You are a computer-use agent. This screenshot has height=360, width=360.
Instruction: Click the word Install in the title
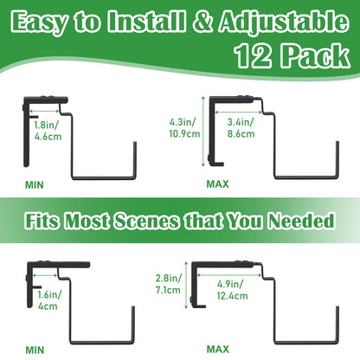point(146,22)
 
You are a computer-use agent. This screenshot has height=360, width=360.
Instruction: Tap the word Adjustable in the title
point(284,23)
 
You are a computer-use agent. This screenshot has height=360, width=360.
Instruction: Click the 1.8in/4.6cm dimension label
point(48,131)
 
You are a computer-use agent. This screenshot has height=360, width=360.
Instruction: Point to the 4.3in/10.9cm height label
point(184,128)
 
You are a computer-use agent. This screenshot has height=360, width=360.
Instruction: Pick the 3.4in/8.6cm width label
point(241,128)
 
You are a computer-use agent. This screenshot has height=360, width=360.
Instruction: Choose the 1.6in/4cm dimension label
point(49,300)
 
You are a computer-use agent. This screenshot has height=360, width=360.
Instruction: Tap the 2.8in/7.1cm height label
point(169,284)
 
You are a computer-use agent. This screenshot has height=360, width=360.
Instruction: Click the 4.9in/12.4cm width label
point(233,290)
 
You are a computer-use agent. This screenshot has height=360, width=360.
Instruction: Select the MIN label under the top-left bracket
point(35,185)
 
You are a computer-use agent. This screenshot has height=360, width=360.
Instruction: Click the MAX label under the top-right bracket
point(217,184)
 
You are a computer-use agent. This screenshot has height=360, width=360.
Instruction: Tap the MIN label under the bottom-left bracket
point(35,350)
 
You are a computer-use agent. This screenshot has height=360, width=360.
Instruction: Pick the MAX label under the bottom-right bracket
point(218,350)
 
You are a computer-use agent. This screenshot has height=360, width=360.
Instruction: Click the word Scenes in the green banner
point(146,222)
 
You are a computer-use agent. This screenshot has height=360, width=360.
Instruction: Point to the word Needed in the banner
point(301,221)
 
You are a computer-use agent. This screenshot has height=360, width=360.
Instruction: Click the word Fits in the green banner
point(42,222)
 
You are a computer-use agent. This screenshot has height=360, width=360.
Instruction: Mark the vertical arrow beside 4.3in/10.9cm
point(203,132)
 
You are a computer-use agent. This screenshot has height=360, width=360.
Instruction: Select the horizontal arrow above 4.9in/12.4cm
point(229,275)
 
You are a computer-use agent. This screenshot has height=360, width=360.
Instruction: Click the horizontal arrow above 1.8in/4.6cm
point(44,111)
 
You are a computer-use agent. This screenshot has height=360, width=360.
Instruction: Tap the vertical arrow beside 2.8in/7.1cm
point(186,286)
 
